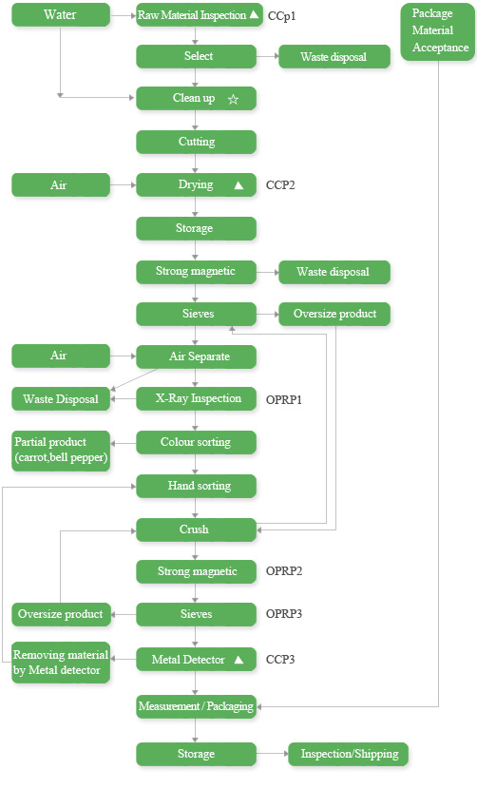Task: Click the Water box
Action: (61, 14)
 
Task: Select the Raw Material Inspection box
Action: (200, 15)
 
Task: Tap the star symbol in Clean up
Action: (233, 99)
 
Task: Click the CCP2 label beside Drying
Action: (280, 185)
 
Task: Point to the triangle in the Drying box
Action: (238, 185)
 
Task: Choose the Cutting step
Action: (197, 142)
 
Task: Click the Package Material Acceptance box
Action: (437, 31)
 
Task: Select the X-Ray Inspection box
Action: (197, 398)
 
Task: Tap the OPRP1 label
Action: (284, 400)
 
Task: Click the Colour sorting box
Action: (197, 442)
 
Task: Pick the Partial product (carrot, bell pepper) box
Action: (61, 451)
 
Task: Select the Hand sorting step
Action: (197, 486)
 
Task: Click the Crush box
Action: (197, 529)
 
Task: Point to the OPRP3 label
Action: (284, 614)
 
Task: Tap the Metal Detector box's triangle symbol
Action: (238, 659)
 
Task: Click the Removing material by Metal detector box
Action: (61, 663)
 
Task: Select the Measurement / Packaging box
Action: (197, 706)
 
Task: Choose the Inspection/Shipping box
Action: (348, 754)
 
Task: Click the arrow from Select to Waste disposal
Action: (268, 56)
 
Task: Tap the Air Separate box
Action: (197, 356)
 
